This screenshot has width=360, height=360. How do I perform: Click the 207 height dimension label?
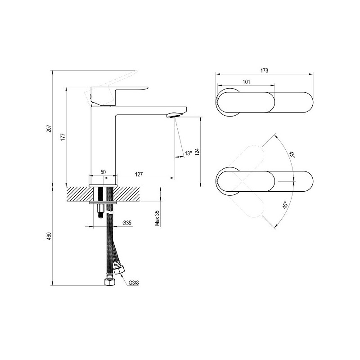(49, 128)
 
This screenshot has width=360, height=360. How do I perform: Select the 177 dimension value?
(63, 137)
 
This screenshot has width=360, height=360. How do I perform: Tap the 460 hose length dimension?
(49, 236)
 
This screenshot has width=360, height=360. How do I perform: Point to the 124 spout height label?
(197, 152)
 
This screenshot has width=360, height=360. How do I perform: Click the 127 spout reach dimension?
(139, 174)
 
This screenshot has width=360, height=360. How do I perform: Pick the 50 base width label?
(103, 172)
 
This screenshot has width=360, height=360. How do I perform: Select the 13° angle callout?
(188, 153)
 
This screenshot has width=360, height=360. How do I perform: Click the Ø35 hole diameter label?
(127, 222)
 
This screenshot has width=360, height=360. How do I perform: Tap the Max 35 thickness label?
(157, 218)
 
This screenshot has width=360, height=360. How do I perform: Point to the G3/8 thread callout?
(134, 283)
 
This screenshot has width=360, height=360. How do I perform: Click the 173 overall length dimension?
(264, 71)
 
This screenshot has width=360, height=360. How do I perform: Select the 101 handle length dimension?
(246, 82)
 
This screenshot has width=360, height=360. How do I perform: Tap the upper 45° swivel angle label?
(292, 154)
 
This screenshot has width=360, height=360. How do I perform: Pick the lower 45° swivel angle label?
(285, 205)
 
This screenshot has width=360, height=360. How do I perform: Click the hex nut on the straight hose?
(109, 282)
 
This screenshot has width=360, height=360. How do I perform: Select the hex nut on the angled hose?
(119, 270)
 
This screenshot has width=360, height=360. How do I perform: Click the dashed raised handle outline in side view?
(110, 85)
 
